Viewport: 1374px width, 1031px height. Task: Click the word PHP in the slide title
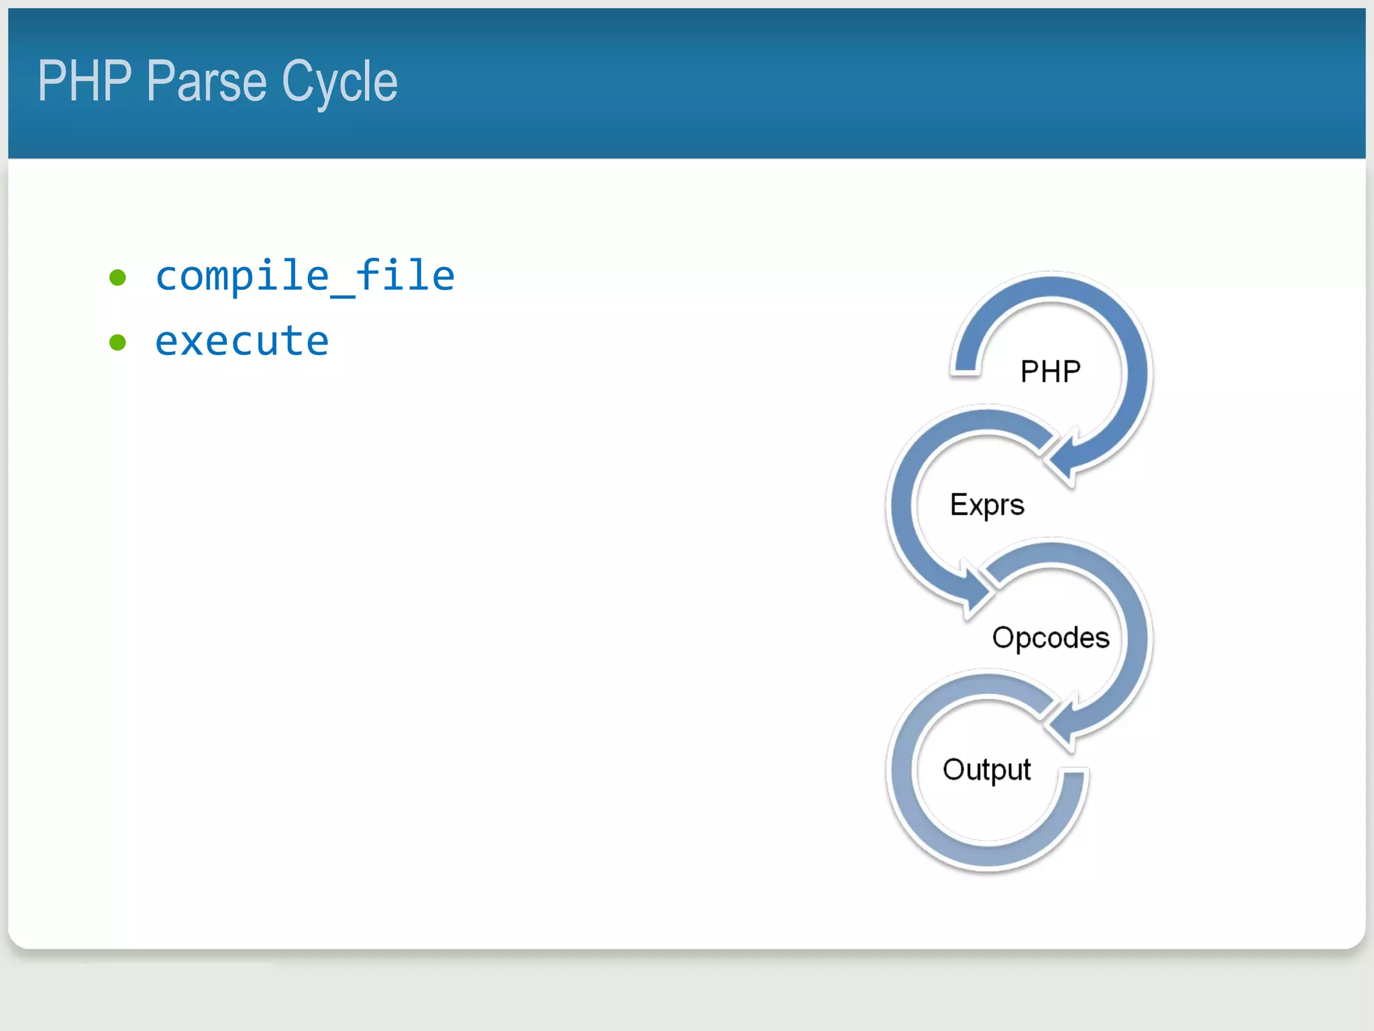coord(85,81)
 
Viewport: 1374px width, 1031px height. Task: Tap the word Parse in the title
coord(207,81)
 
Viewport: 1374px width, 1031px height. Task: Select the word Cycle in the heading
coord(339,83)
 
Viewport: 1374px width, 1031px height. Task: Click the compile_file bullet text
coord(305,276)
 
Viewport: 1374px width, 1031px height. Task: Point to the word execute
coord(242,341)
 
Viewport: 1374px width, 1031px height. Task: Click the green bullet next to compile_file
coord(118,277)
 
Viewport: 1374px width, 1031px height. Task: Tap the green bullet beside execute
coord(118,342)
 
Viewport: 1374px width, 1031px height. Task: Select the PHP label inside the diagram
coord(1050,371)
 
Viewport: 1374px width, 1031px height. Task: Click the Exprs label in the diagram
coord(987,505)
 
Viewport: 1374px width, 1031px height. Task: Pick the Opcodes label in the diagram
coord(1051,637)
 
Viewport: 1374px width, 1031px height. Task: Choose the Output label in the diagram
coord(986,769)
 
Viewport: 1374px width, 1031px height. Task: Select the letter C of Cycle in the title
coord(295,81)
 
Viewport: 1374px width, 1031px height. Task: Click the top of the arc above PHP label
coord(1052,285)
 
